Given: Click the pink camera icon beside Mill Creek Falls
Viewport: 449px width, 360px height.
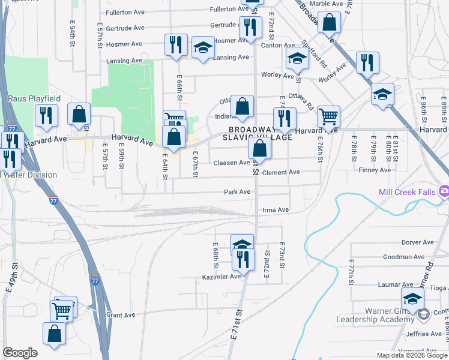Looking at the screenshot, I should [444, 191].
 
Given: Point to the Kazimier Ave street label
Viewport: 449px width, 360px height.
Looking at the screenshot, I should [221, 275].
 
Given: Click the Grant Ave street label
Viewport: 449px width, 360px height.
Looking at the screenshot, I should [121, 315].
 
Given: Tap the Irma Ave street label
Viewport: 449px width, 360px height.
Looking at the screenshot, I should [276, 210].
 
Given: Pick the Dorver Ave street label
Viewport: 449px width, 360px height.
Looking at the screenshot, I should [417, 242].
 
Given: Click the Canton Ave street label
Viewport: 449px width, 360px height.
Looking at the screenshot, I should [277, 45].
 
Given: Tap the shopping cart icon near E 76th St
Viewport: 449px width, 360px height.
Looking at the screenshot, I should [328, 116].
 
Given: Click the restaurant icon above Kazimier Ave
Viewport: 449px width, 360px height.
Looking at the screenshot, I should [243, 259].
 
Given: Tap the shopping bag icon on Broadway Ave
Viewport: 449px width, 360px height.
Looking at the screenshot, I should [330, 23].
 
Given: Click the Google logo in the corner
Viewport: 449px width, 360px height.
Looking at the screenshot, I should [20, 353].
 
